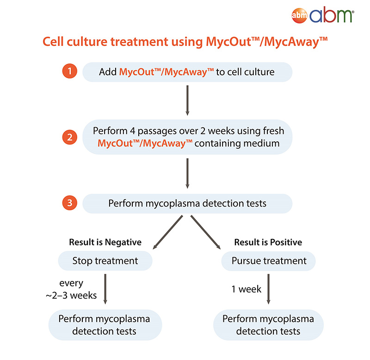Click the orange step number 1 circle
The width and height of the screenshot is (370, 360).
(70, 72)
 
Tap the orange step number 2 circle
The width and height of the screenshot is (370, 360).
(70, 137)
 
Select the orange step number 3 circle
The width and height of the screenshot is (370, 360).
(70, 203)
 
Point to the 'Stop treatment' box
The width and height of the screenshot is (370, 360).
(105, 261)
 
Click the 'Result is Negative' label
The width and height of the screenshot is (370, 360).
(105, 242)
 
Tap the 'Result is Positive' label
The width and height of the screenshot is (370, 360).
(268, 242)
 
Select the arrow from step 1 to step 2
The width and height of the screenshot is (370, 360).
(187, 99)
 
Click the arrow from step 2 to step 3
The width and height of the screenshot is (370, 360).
(187, 173)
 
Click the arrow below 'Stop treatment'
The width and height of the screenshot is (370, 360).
(105, 289)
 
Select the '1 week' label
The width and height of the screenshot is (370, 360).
(247, 289)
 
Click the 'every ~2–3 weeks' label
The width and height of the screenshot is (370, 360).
(72, 289)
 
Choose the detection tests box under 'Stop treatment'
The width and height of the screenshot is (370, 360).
(105, 325)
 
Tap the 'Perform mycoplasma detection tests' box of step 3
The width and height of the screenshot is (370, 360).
(187, 203)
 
